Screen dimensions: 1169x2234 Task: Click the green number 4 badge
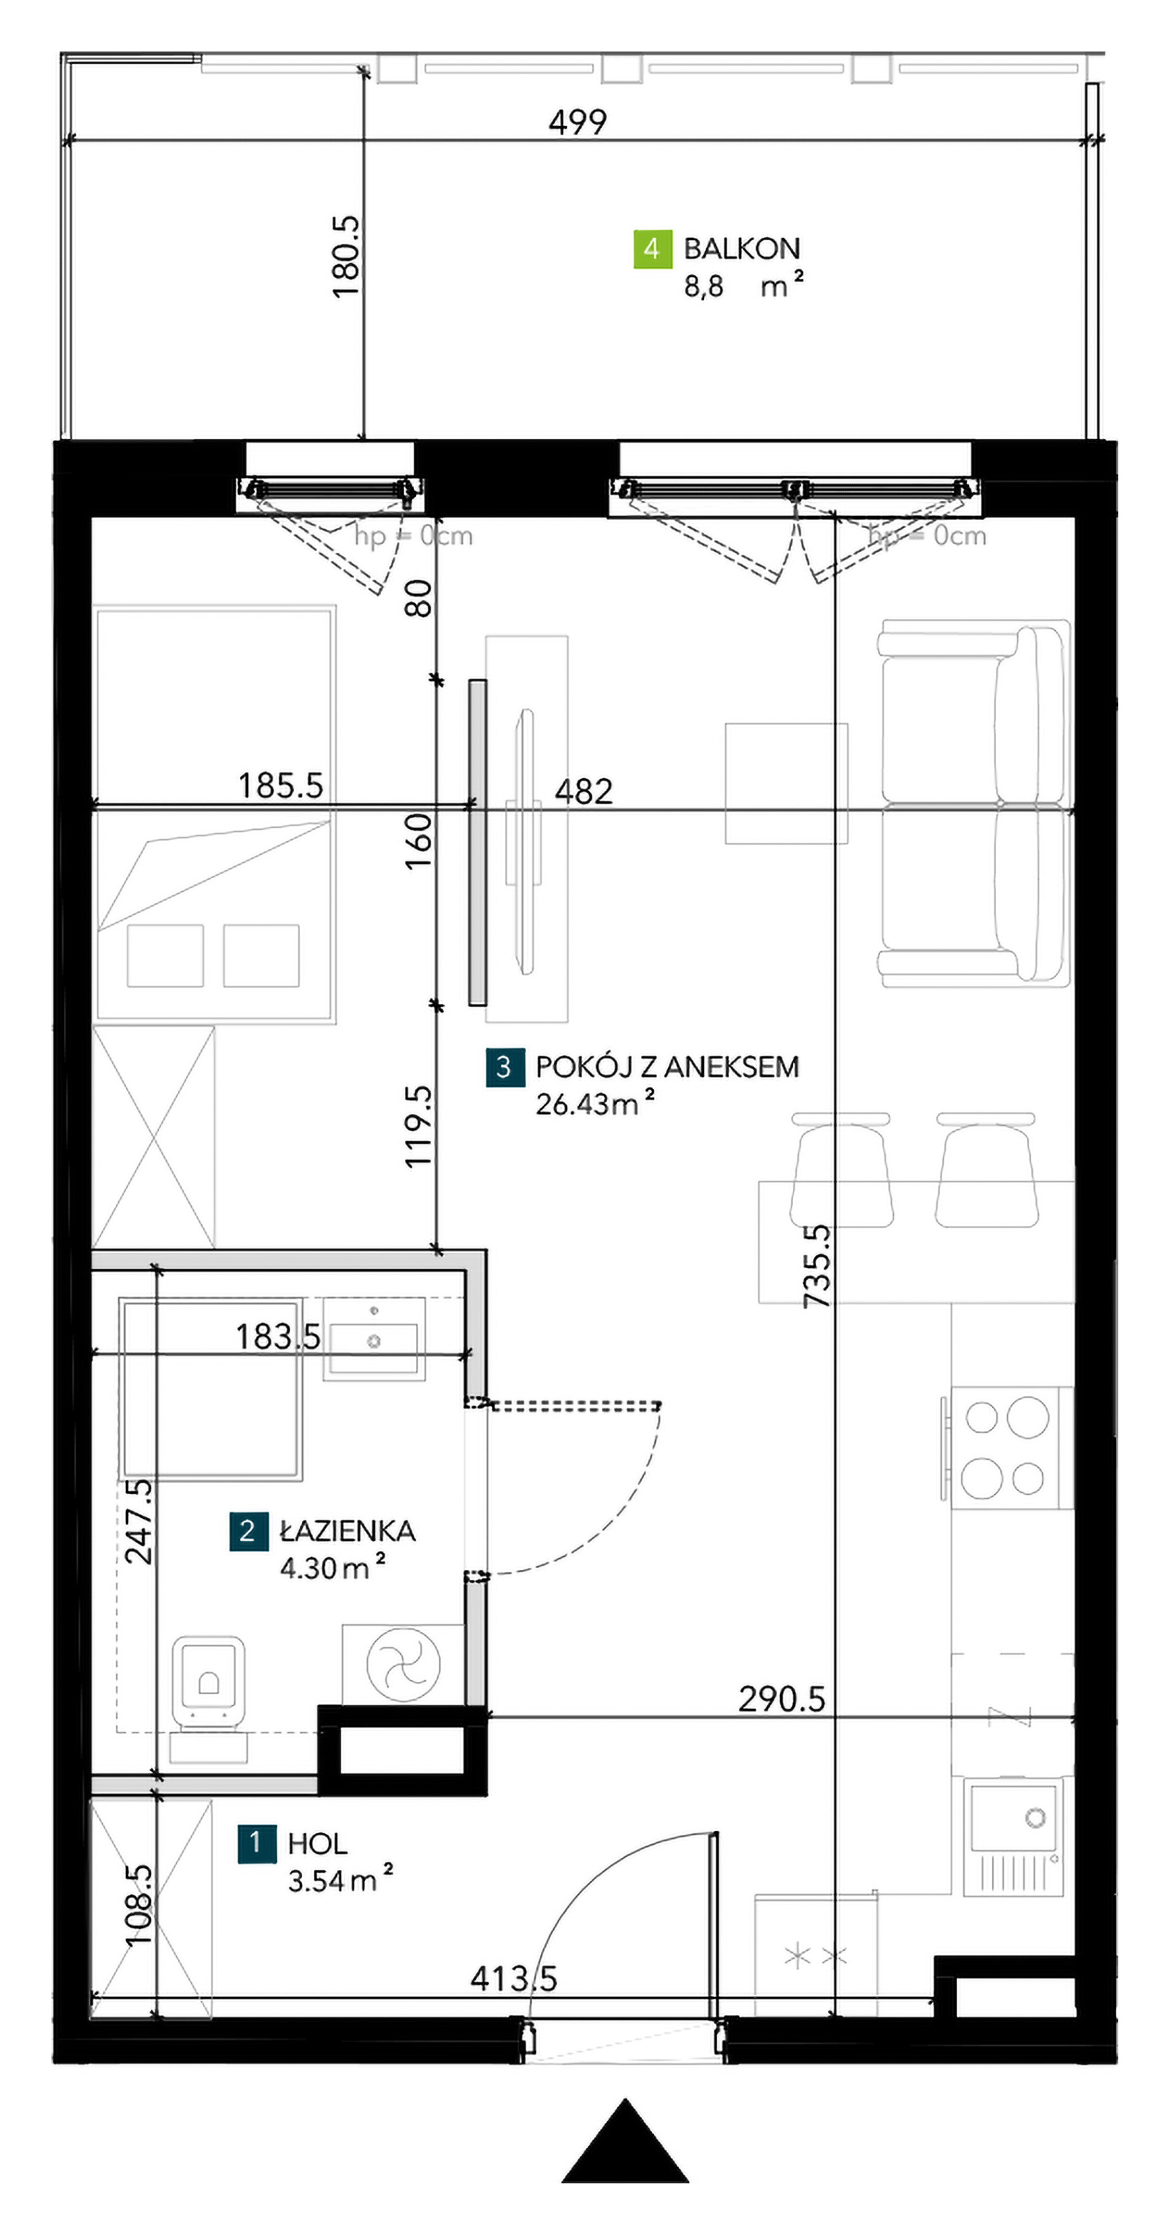pos(652,249)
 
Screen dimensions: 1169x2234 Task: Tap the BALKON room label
pos(741,249)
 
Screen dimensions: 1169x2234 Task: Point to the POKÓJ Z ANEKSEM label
pos(667,1067)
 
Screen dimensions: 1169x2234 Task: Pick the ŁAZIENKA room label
pos(347,1530)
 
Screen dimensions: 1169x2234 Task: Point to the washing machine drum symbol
pos(403,1664)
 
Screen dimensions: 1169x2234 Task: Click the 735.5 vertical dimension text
pos(817,1266)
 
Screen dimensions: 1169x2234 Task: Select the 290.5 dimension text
pos(781,1699)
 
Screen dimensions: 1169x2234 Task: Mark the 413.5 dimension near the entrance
pos(513,1979)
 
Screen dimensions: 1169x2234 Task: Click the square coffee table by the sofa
pos(786,783)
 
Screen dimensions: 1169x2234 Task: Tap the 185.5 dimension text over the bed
pos(280,786)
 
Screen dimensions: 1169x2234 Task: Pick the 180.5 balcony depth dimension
pos(346,257)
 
